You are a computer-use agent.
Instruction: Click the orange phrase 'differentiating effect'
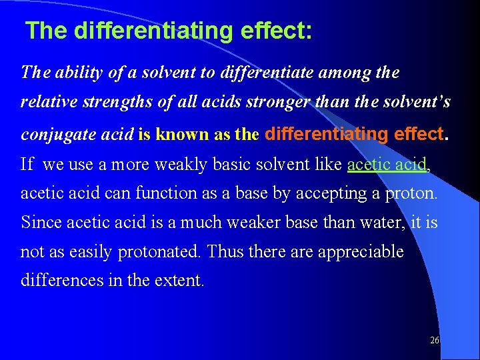354,133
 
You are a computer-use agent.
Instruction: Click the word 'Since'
39,222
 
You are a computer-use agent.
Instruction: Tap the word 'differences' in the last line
59,280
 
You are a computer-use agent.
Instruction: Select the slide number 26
435,340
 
